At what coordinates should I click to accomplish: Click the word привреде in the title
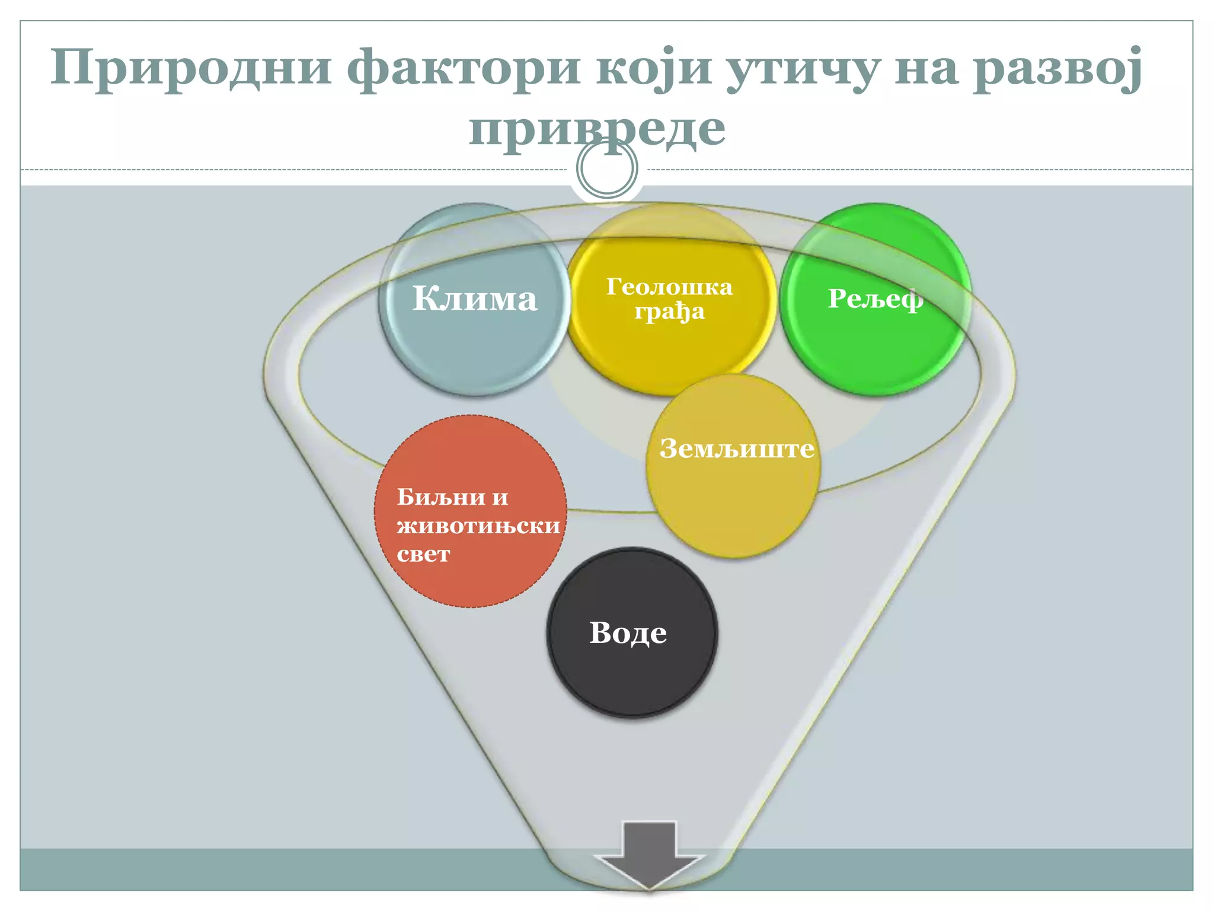tap(597, 129)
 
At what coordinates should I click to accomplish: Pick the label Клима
tap(474, 298)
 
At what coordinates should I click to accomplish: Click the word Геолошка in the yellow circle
tap(669, 287)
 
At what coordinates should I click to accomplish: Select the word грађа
tap(669, 312)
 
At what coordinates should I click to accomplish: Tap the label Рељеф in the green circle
tap(875, 298)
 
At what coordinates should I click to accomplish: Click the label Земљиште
tap(737, 448)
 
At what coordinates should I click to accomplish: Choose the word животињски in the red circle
tap(478, 525)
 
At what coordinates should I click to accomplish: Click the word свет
tap(423, 554)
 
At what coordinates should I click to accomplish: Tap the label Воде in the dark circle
tap(628, 633)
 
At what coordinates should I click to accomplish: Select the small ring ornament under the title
tap(607, 169)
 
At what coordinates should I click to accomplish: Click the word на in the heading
tap(926, 68)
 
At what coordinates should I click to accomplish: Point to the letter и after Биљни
tap(500, 497)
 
